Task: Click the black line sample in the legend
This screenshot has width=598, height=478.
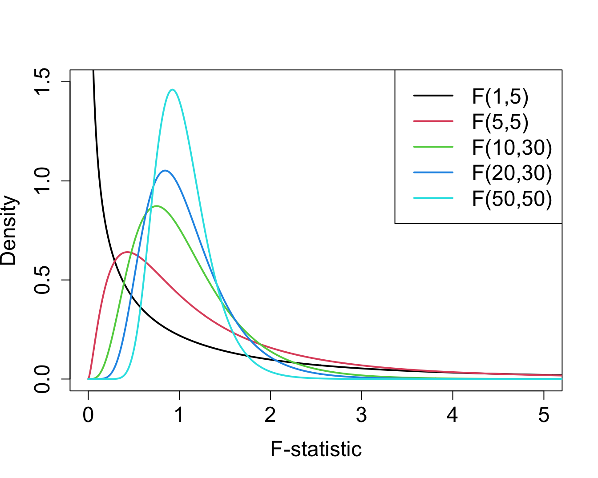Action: [x=433, y=96]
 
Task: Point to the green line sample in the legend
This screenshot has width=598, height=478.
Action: [x=433, y=147]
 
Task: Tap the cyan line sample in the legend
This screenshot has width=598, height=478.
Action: [x=433, y=198]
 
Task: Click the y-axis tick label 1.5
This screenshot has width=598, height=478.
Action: [x=44, y=82]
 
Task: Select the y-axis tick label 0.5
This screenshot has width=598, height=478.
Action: [x=44, y=280]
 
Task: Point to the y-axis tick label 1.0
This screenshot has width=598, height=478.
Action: [x=44, y=181]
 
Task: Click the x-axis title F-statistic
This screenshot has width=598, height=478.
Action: [x=316, y=449]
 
